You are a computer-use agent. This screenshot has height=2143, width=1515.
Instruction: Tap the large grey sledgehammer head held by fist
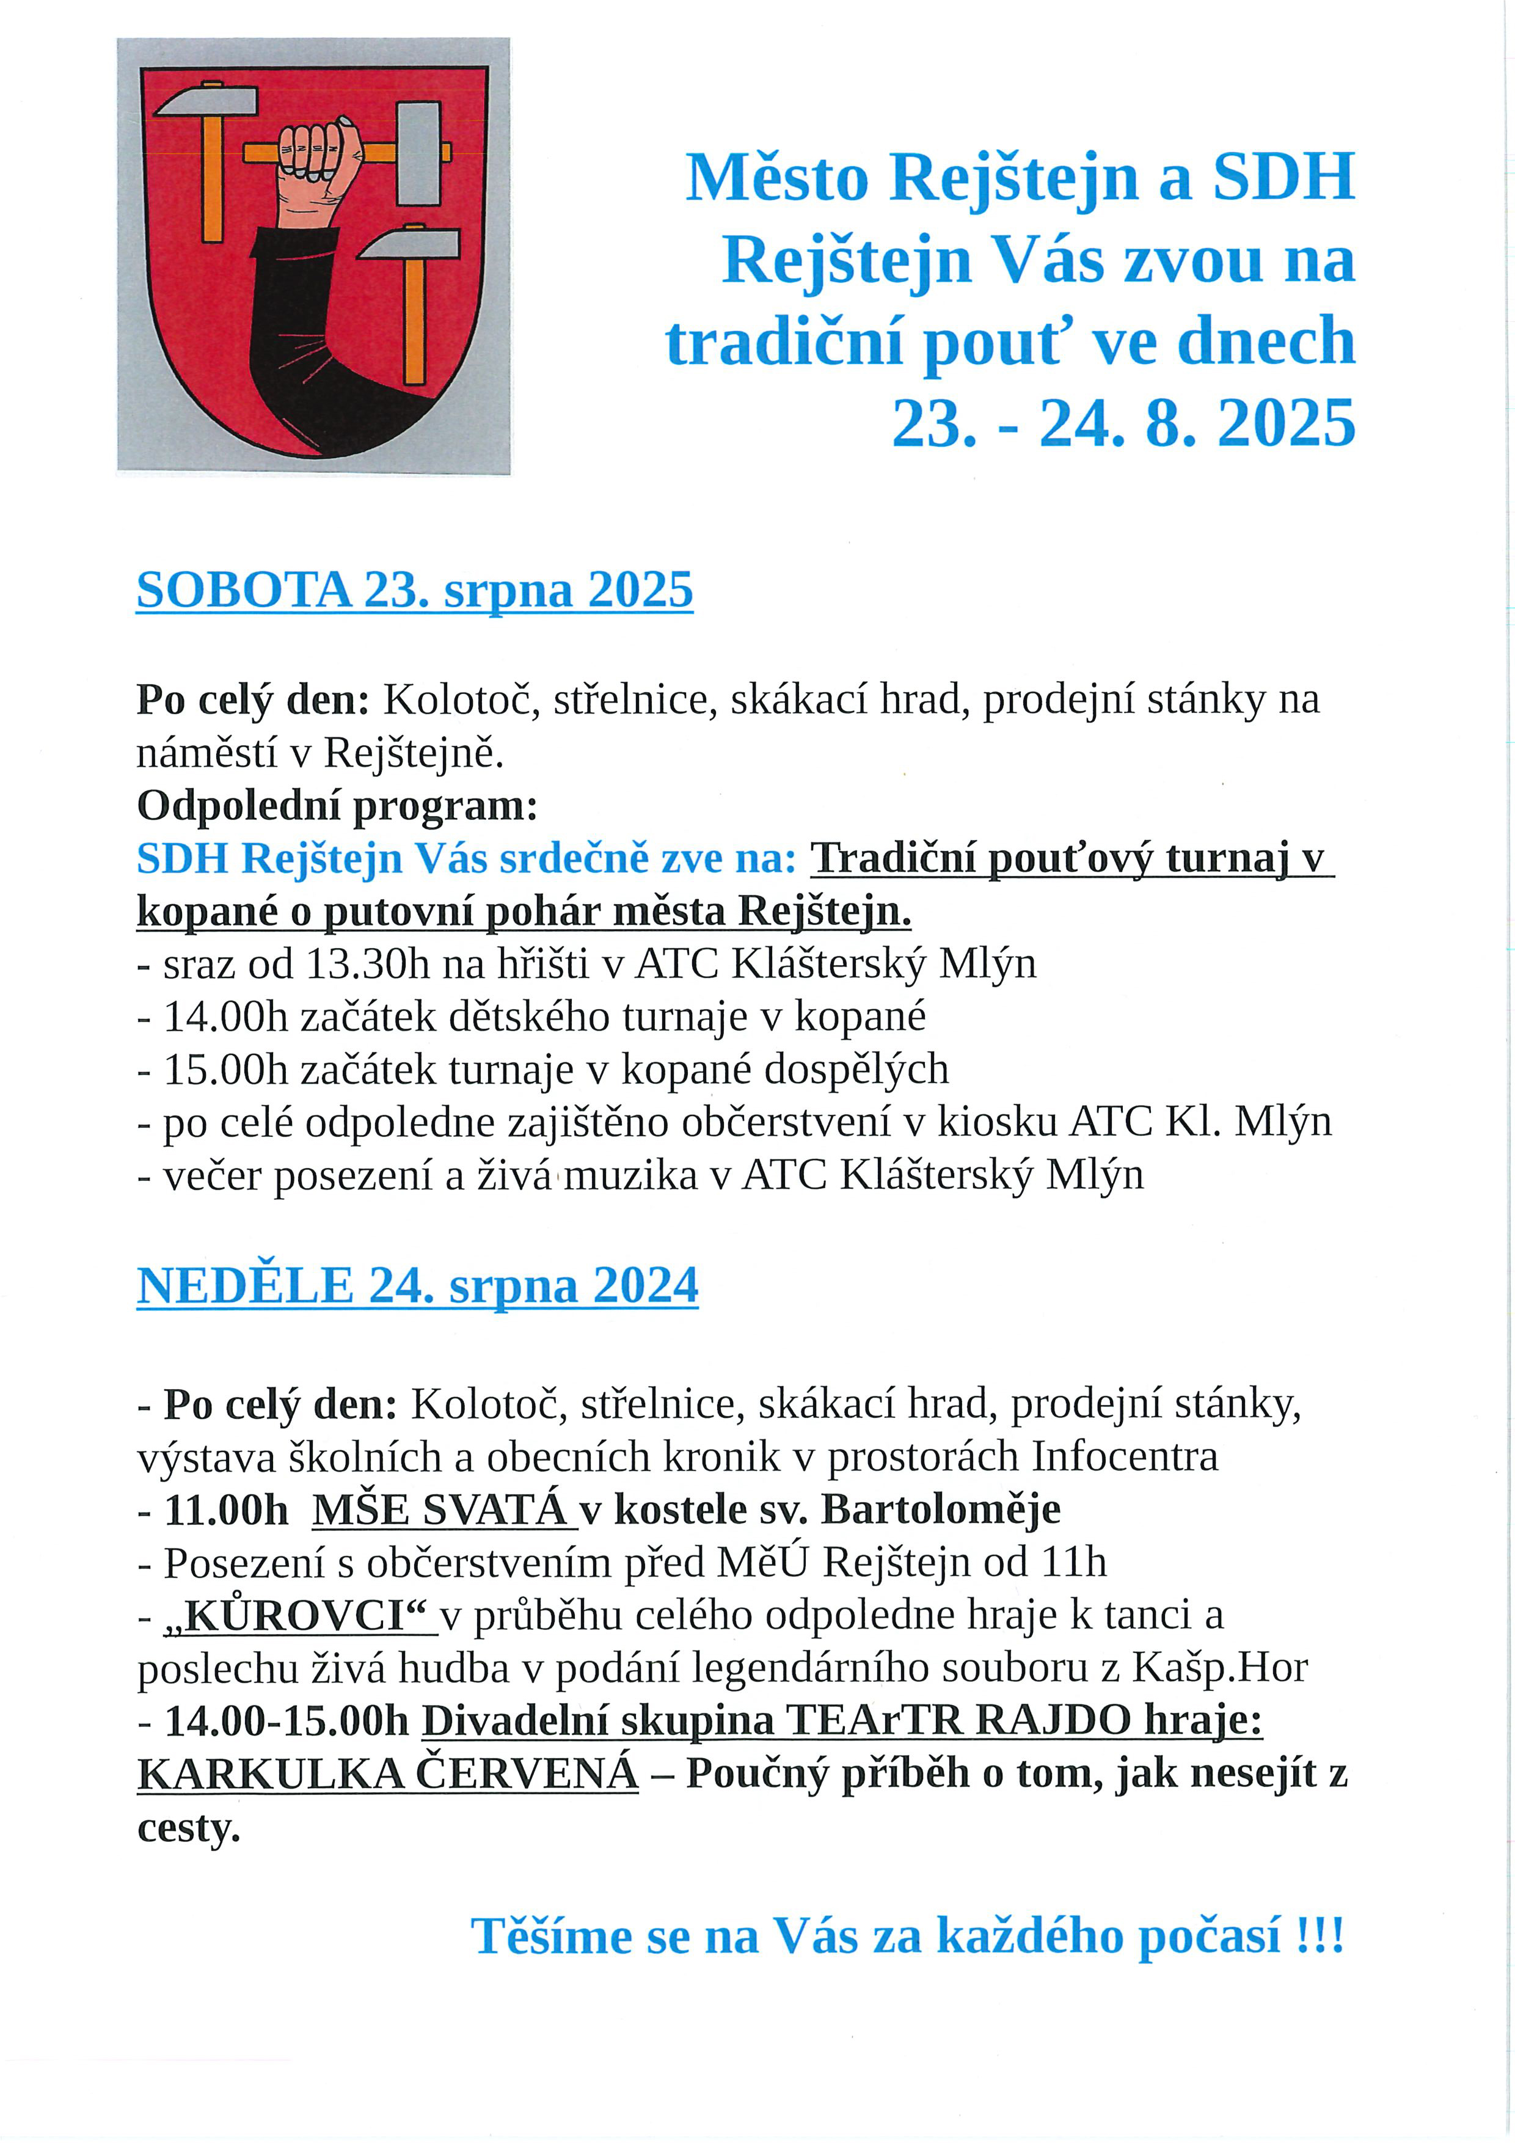click(418, 154)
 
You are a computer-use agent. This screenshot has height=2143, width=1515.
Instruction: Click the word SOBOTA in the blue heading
click(244, 590)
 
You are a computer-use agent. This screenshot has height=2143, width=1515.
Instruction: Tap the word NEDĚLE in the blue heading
click(246, 1286)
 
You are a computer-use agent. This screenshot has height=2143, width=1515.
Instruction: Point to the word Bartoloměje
click(940, 1510)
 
